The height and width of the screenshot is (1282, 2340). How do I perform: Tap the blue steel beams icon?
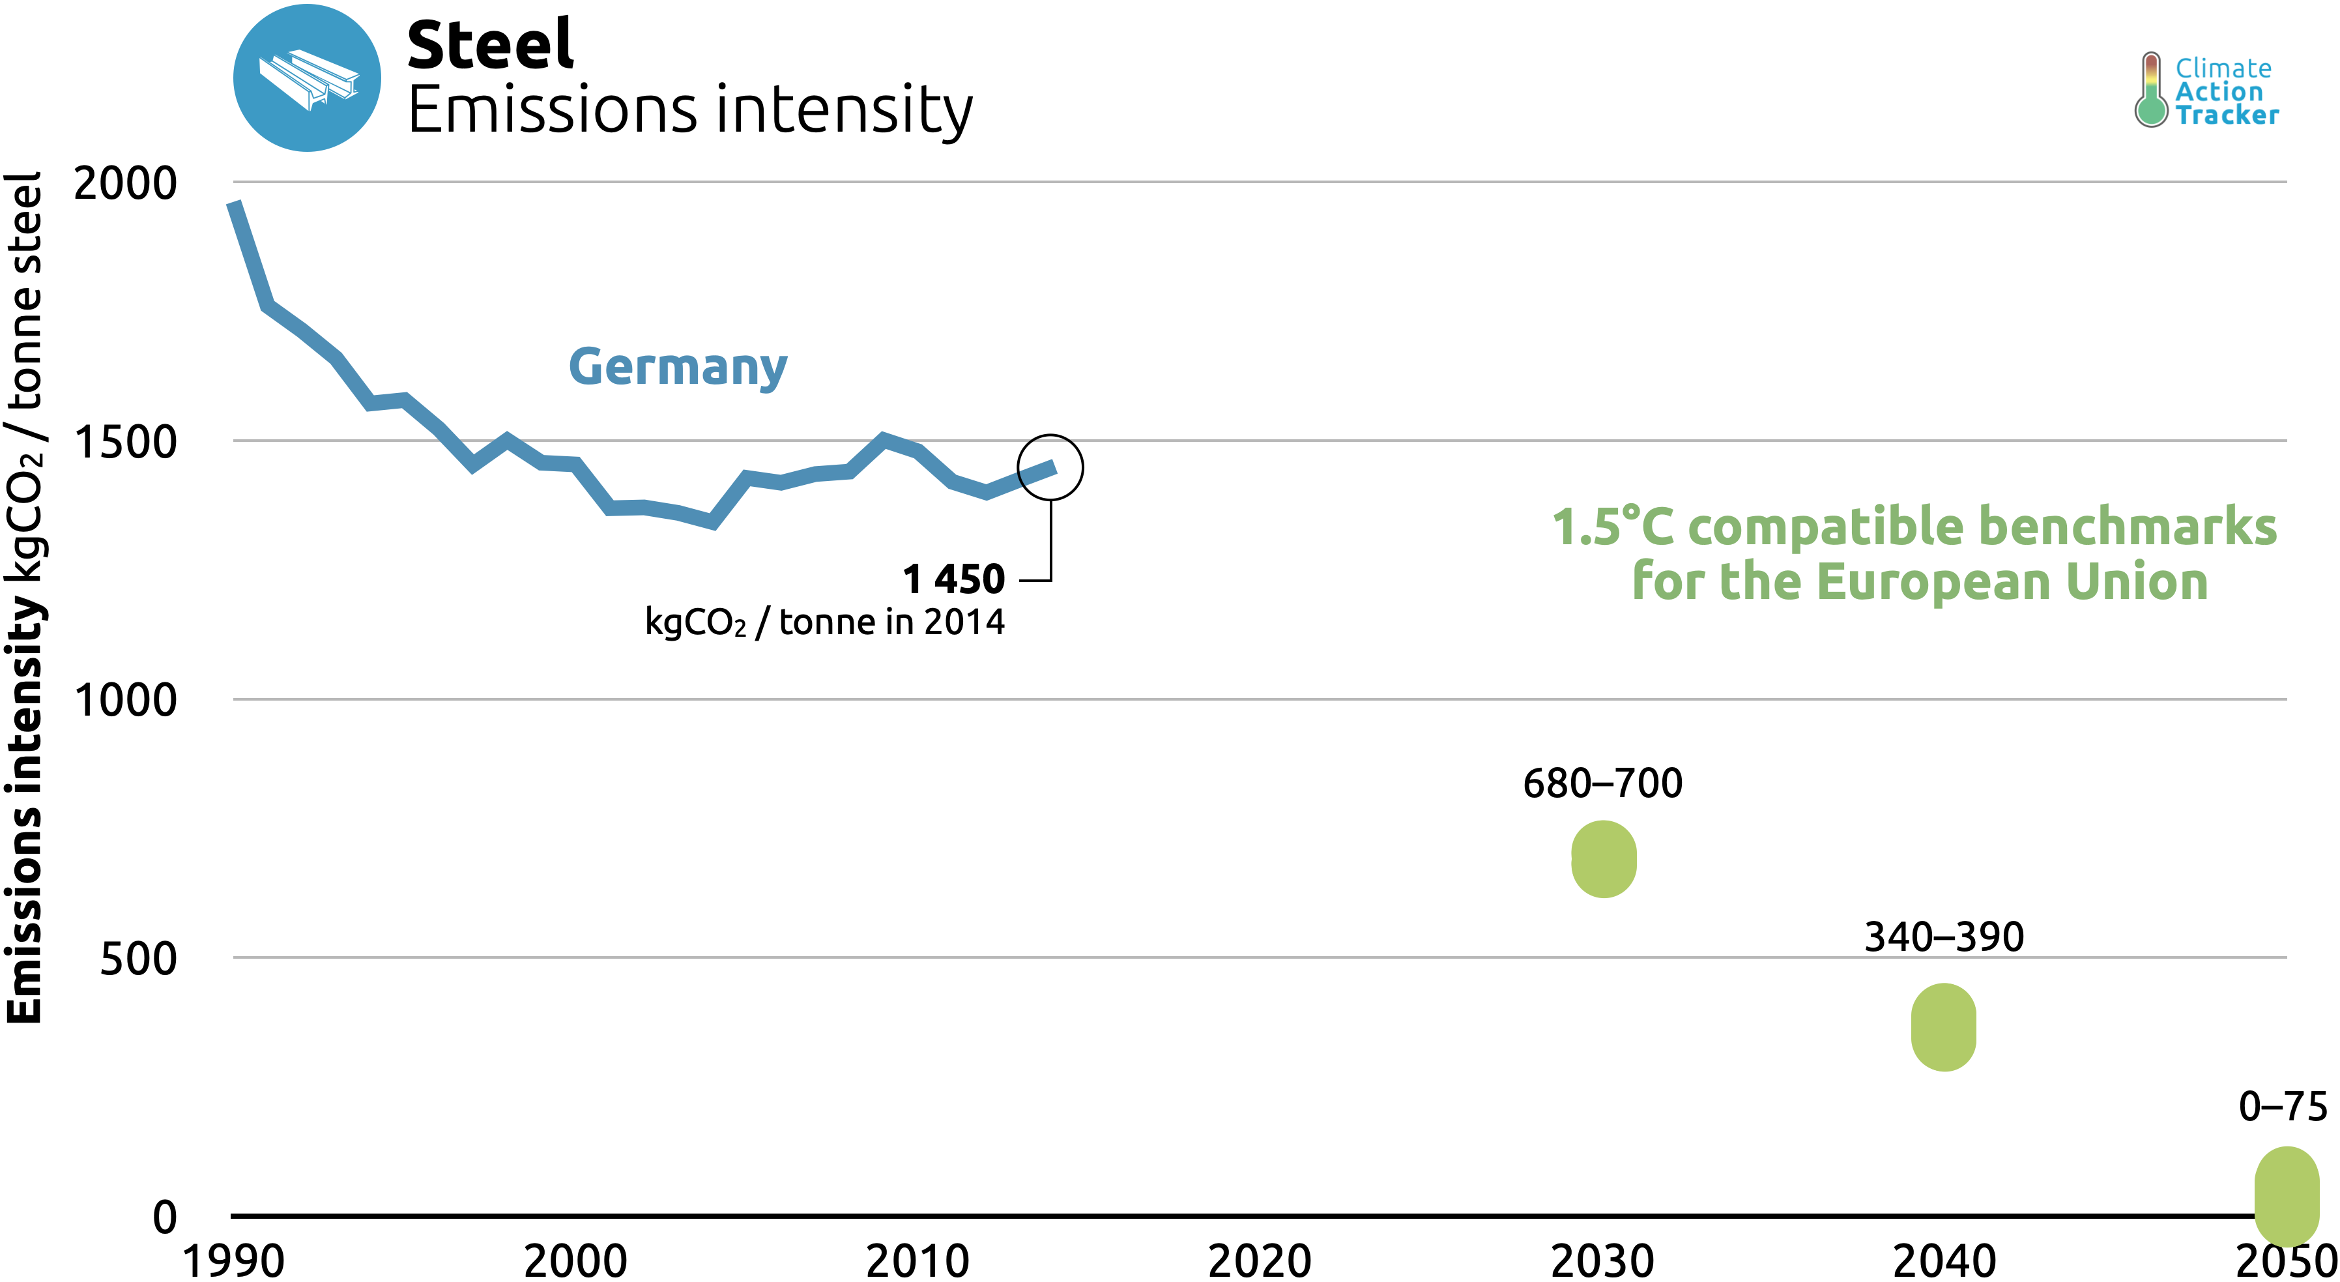point(307,78)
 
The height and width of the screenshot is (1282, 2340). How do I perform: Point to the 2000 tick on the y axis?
point(125,184)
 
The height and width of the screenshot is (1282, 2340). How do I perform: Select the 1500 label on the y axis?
point(125,443)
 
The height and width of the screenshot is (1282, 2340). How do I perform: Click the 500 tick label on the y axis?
point(138,959)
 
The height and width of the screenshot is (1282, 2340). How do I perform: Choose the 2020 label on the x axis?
point(1259,1260)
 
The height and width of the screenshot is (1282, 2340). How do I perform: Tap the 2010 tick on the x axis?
point(917,1260)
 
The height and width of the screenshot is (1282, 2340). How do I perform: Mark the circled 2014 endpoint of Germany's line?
point(1050,468)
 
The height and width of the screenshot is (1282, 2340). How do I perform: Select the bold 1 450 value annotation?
point(954,579)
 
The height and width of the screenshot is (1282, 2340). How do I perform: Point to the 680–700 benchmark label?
point(1602,783)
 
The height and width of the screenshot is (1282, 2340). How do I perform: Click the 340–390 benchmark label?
point(1944,937)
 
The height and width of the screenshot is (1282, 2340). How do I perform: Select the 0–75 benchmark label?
point(2283,1107)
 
